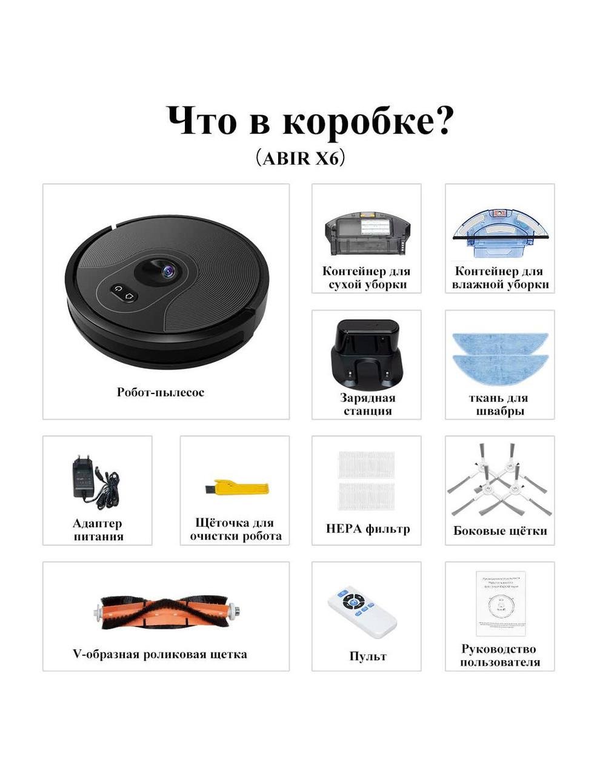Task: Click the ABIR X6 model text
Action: [300, 158]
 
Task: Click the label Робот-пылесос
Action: [161, 392]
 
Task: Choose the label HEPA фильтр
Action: [368, 529]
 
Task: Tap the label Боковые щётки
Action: [500, 530]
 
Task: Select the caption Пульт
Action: [367, 656]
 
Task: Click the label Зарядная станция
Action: [367, 404]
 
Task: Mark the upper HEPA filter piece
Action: [366, 464]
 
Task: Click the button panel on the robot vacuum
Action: [125, 293]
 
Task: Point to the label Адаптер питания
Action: [98, 529]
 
